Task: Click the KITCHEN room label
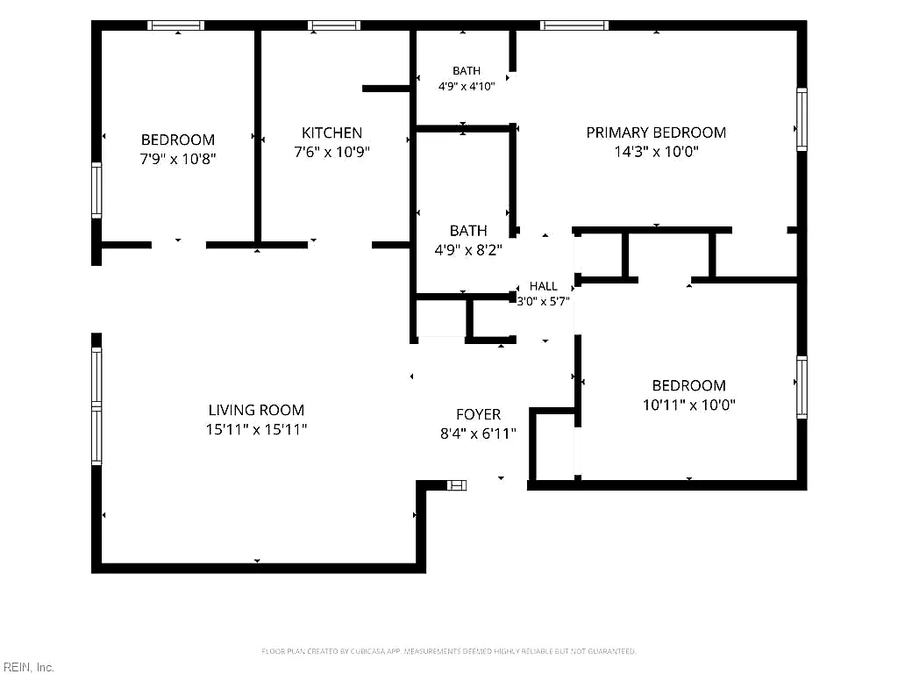331,133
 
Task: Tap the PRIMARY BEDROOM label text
656,133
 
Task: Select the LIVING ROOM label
256,411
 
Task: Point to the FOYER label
478,414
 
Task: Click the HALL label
543,286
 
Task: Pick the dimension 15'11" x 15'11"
256,429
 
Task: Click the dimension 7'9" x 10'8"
177,159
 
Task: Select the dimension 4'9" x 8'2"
468,250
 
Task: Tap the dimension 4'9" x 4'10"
467,87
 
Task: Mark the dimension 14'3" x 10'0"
656,152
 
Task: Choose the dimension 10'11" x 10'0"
689,405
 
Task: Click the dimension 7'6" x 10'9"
331,152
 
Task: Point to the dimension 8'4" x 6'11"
478,434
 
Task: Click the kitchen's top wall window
334,25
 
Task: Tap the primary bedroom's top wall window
574,25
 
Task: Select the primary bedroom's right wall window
802,119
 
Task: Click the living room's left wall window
96,405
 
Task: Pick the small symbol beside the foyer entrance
456,485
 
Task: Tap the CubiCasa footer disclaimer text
449,651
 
